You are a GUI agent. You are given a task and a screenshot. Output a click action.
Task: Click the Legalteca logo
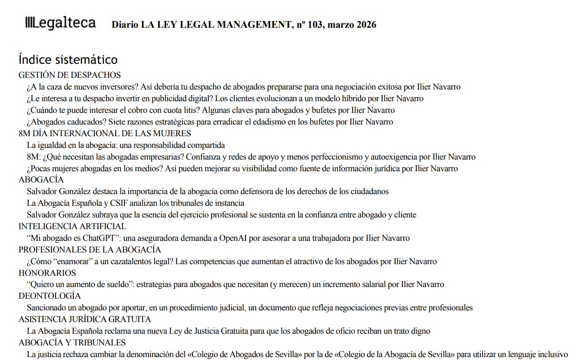coord(60,23)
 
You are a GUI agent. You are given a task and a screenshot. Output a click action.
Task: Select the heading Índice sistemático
coord(68,60)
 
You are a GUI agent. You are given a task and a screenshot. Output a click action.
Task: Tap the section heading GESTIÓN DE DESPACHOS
coord(70,75)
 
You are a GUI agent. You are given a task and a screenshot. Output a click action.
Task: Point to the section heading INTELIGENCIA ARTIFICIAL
coord(72,226)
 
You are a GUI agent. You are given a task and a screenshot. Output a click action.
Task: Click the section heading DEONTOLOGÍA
coord(50,296)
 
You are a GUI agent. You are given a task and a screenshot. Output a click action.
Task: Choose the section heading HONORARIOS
coord(47,273)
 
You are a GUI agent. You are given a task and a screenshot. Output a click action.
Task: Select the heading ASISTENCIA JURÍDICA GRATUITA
coord(85,319)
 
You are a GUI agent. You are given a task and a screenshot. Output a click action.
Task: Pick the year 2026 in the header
coord(363,25)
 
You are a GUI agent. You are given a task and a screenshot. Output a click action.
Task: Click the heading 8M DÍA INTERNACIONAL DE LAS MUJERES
coord(105,133)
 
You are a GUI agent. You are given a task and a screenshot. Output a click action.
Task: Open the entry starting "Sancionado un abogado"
coord(250,307)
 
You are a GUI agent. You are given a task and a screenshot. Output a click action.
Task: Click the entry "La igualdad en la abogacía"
coord(126,145)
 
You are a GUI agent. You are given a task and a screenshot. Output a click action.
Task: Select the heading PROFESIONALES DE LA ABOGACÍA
coord(89,250)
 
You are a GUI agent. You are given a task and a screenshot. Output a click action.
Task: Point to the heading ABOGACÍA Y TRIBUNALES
coord(72,342)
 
